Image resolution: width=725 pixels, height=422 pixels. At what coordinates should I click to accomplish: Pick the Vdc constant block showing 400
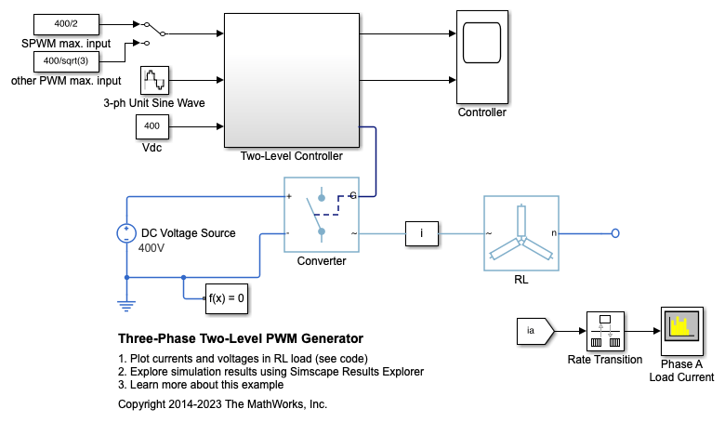pyautogui.click(x=152, y=125)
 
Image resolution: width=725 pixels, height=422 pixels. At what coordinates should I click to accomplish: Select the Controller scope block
pyautogui.click(x=482, y=56)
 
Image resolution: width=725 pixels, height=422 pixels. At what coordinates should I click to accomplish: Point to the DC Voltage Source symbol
pyautogui.click(x=125, y=233)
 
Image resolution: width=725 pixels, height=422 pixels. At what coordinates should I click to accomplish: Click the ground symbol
pyautogui.click(x=125, y=303)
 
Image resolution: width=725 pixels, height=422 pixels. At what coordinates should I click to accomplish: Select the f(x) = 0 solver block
pyautogui.click(x=226, y=297)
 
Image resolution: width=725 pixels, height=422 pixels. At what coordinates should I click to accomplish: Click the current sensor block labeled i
pyautogui.click(x=422, y=233)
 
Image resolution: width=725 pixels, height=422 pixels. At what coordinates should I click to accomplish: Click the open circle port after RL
pyautogui.click(x=615, y=233)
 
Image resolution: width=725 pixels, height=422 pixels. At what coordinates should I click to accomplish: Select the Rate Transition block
pyautogui.click(x=605, y=330)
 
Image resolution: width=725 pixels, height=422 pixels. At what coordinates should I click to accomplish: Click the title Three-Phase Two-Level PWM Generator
pyautogui.click(x=241, y=338)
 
